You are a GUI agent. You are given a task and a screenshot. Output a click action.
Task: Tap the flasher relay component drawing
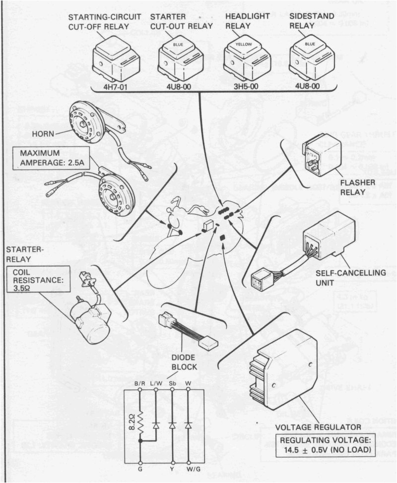pos(321,154)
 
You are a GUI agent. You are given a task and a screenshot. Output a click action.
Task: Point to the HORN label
pos(43,133)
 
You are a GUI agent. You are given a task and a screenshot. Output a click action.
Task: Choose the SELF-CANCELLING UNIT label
pos(354,277)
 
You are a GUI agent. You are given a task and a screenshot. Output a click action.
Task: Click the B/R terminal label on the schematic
pos(140,383)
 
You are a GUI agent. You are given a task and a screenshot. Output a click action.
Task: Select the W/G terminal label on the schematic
pos(189,469)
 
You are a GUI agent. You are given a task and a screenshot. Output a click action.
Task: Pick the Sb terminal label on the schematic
pos(172,383)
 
